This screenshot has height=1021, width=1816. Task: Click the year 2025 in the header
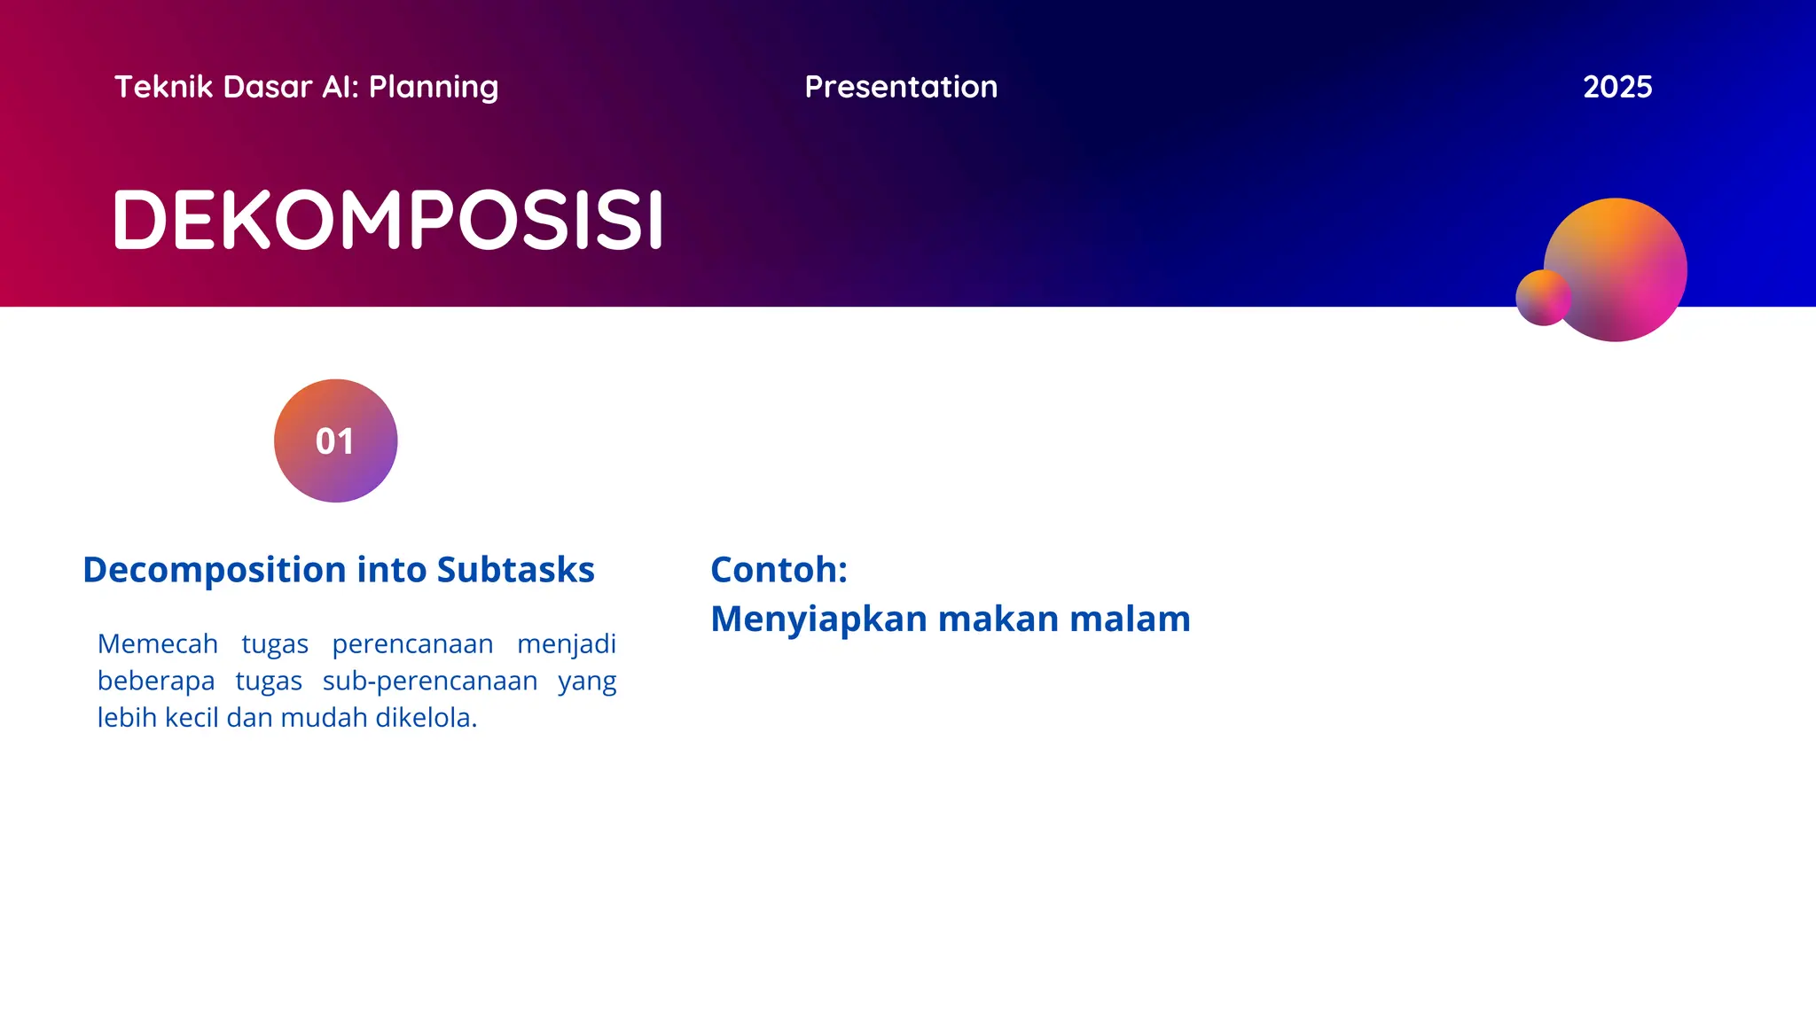[x=1616, y=87]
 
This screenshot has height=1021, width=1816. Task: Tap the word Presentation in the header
[x=901, y=87]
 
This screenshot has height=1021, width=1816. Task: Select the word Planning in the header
[x=434, y=88]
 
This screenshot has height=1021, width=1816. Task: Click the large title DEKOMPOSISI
[x=388, y=219]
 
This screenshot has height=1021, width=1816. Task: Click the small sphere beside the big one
[x=1542, y=298]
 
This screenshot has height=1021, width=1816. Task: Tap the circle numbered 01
[x=335, y=440]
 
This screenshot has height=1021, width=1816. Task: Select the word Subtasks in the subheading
[x=515, y=570]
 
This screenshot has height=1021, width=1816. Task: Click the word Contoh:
[x=779, y=570]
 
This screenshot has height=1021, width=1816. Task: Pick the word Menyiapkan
[x=818, y=619]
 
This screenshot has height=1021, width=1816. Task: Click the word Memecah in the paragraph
[x=157, y=643]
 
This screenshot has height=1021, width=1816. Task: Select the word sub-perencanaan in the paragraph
[x=430, y=681]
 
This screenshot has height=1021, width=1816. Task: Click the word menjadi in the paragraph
[x=566, y=643]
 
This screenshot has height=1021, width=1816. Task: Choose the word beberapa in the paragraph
[x=156, y=681]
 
